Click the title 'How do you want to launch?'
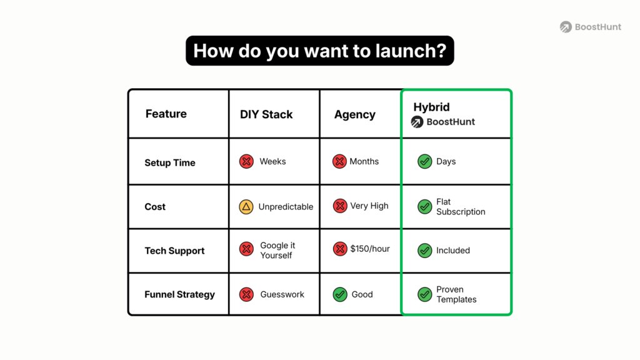(x=319, y=51)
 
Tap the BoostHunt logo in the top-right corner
(x=591, y=27)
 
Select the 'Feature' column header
(x=166, y=114)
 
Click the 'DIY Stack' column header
(x=266, y=114)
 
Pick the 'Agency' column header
(x=354, y=114)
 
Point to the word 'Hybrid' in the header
(x=431, y=107)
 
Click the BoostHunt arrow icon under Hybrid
(x=417, y=122)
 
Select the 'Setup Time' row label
(x=169, y=162)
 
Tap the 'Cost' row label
(x=155, y=207)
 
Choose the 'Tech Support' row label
(x=174, y=251)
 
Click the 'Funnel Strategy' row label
(x=179, y=294)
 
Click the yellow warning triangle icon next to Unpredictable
(x=246, y=206)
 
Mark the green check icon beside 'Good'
(x=339, y=294)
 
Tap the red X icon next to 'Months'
(x=339, y=162)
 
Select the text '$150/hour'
(x=369, y=249)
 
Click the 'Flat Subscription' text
(x=461, y=207)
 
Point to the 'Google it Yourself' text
(x=277, y=250)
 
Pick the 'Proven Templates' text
(x=456, y=294)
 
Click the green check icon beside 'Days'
(x=424, y=162)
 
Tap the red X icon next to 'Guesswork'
(x=246, y=294)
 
